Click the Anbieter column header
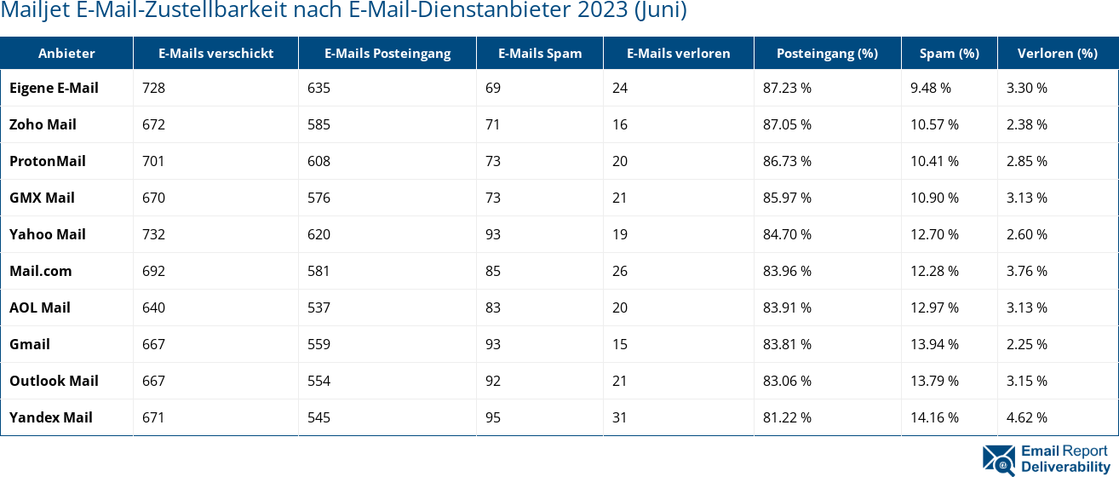66,53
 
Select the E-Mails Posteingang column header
387,53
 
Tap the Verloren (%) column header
1057,53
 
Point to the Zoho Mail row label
43,124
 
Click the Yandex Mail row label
51,417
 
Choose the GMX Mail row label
42,198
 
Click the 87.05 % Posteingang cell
787,124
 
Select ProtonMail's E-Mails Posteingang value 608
319,161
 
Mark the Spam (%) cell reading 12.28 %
934,271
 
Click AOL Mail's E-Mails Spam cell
493,307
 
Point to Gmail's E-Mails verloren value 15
619,344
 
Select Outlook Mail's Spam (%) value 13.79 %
934,381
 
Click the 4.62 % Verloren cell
1027,417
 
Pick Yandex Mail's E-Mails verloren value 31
619,417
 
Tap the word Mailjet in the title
30,11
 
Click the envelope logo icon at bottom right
999,458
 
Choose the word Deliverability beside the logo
1064,467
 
